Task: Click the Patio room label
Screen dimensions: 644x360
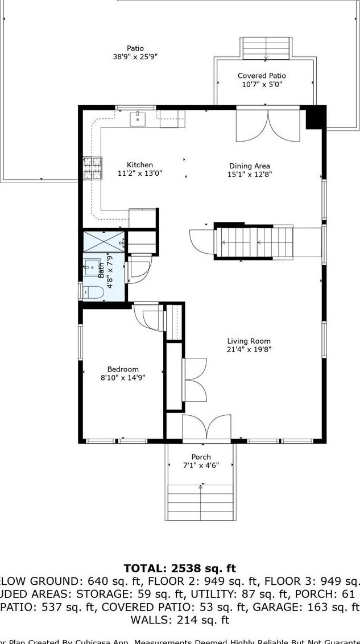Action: [135, 48]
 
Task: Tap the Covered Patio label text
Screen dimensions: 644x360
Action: [262, 76]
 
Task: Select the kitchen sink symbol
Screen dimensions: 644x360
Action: [138, 119]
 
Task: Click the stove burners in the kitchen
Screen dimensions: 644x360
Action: [93, 168]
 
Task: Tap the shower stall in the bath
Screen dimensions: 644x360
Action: [104, 241]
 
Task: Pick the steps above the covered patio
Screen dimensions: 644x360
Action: [266, 48]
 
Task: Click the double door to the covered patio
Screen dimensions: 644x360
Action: [266, 125]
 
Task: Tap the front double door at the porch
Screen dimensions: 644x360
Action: [206, 428]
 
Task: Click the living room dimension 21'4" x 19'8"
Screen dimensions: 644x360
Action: [249, 349]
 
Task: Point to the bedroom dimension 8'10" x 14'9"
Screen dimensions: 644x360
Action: [123, 377]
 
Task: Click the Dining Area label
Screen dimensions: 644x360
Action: [250, 166]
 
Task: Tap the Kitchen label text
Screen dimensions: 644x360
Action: [140, 165]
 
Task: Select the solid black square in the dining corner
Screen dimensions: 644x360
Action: [315, 118]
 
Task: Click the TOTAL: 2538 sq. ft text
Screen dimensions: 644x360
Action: [180, 568]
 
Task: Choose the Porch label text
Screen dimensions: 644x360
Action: [201, 457]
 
